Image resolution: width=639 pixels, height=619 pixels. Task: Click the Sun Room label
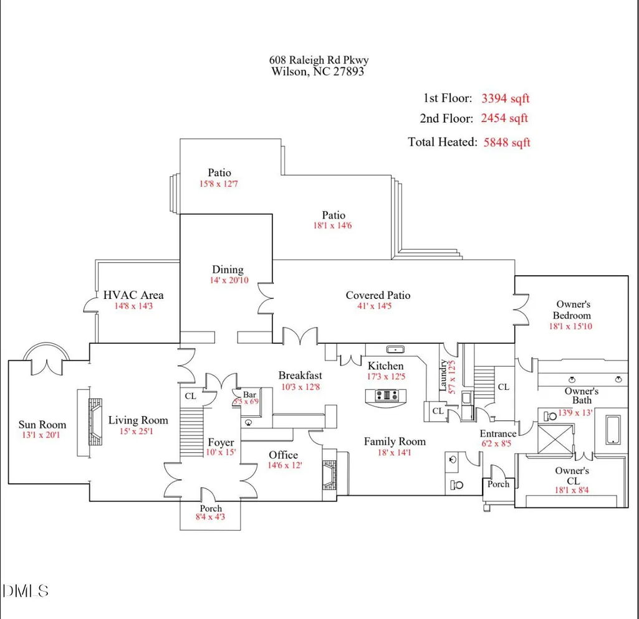(x=42, y=425)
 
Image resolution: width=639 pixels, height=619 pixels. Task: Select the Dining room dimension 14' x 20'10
(x=229, y=280)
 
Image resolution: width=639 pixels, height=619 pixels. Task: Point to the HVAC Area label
(x=133, y=295)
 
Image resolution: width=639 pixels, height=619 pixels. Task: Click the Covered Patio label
(x=378, y=295)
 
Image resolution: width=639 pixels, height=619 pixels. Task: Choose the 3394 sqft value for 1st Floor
(x=506, y=98)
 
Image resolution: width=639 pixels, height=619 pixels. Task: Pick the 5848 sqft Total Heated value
(x=507, y=142)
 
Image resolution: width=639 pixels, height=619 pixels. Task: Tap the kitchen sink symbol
(x=395, y=349)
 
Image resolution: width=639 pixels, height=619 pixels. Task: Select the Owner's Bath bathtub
(x=613, y=429)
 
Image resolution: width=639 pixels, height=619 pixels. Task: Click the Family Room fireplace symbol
(x=330, y=475)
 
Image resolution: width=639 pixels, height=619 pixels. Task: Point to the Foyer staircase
(x=191, y=433)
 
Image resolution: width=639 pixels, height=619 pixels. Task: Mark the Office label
(x=283, y=455)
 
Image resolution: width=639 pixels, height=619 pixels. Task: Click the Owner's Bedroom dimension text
(x=570, y=326)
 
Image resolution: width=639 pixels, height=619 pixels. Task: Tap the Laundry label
(x=443, y=376)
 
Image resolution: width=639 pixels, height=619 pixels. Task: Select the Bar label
(x=249, y=394)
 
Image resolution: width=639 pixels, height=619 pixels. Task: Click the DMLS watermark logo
(x=26, y=590)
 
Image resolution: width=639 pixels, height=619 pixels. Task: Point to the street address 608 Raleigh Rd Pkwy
(x=319, y=60)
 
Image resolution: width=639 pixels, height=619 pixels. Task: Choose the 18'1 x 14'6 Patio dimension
(x=332, y=225)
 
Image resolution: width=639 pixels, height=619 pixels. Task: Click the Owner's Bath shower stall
(x=556, y=438)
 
